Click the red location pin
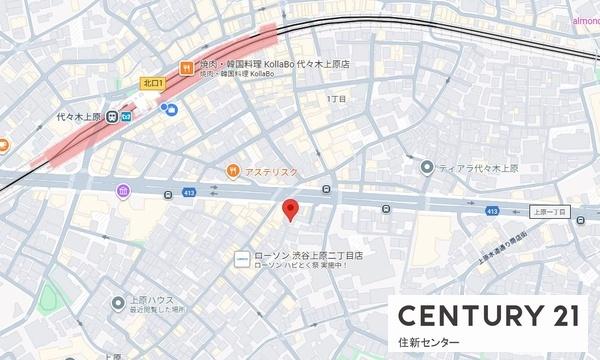tap(291, 209)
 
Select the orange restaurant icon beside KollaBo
tap(185, 67)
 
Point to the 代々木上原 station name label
tap(81, 115)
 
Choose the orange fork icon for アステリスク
tap(233, 170)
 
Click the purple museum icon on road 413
tap(123, 191)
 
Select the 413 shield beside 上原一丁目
tap(492, 212)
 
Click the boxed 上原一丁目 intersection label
tap(549, 213)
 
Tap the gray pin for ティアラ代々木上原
tap(427, 167)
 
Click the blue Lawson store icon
tap(241, 260)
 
